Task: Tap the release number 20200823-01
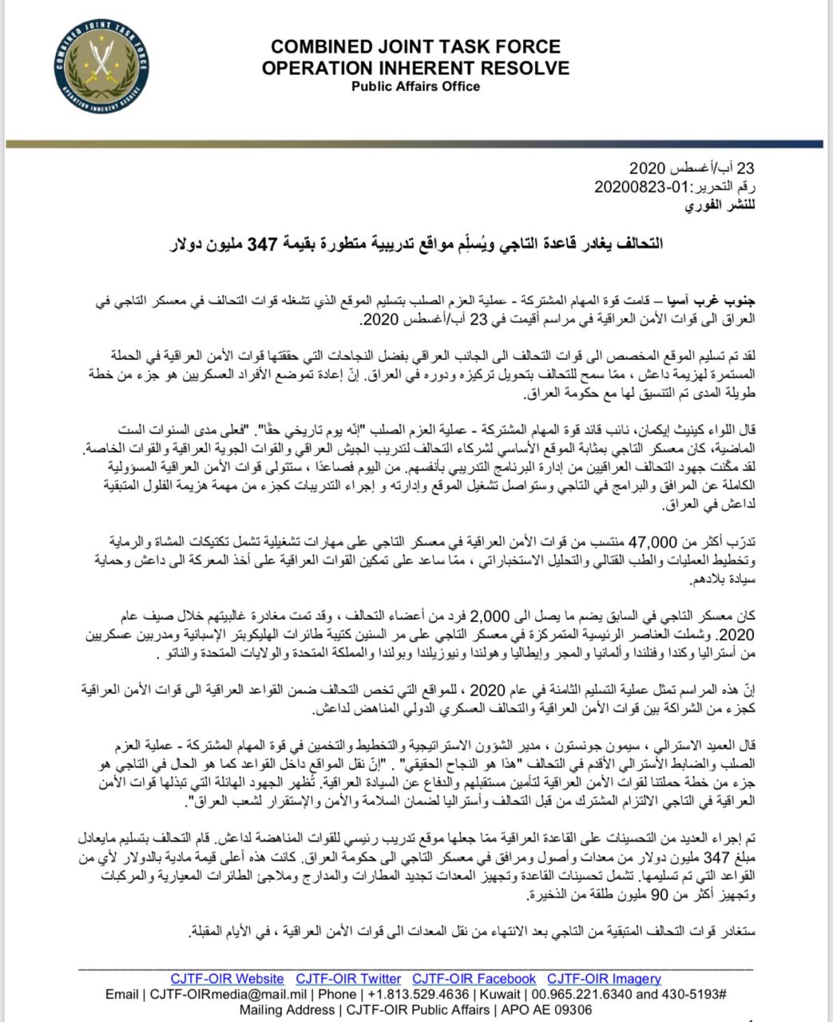tap(633, 188)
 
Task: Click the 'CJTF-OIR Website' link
tap(227, 979)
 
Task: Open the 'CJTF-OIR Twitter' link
tap(348, 979)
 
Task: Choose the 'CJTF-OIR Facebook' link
tap(474, 979)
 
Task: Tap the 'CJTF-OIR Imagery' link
tap(604, 979)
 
